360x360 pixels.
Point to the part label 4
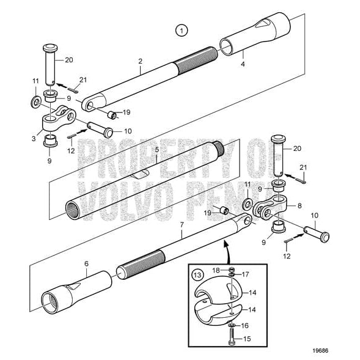click(x=243, y=64)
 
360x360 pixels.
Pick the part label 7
click(x=86, y=263)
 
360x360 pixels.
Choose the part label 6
click(x=182, y=226)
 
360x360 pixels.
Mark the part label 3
click(x=299, y=206)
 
